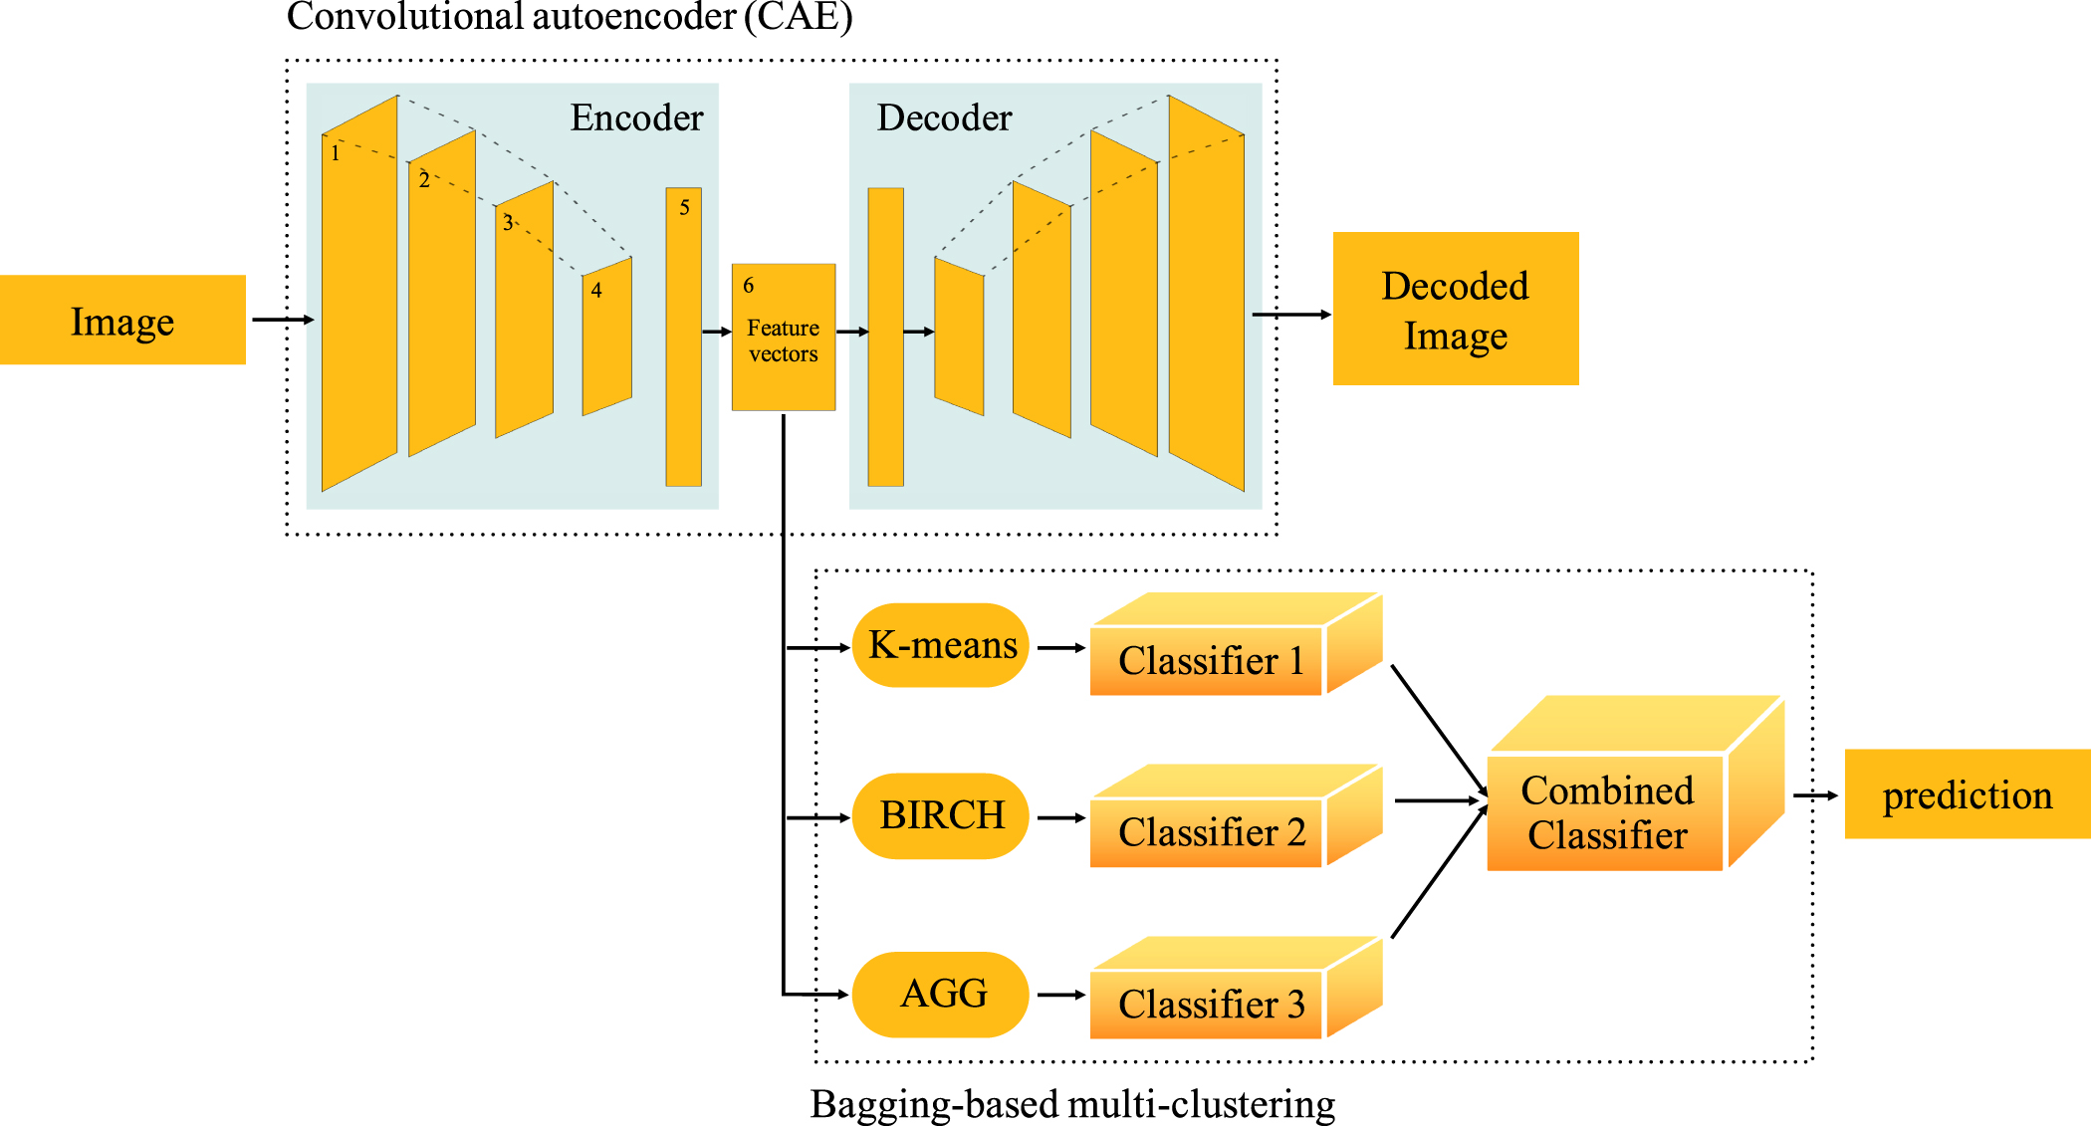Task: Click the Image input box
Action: (122, 320)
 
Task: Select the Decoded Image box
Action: (1455, 309)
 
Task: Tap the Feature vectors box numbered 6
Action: (783, 338)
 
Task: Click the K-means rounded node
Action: (941, 645)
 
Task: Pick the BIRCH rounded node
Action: (941, 815)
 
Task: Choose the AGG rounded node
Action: (941, 994)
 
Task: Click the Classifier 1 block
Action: (1210, 661)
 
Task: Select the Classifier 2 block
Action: (1210, 832)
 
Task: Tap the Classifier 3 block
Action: (1210, 1004)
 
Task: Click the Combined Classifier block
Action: (1606, 812)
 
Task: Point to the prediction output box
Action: (1967, 794)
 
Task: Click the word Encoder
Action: (636, 118)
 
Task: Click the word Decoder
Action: (944, 118)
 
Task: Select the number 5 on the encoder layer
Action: (684, 208)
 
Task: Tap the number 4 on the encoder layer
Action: (596, 291)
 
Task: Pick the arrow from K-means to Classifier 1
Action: (1060, 647)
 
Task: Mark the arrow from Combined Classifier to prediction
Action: (1814, 795)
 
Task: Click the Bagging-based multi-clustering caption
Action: (1072, 1104)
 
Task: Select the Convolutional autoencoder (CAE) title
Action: (570, 17)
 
